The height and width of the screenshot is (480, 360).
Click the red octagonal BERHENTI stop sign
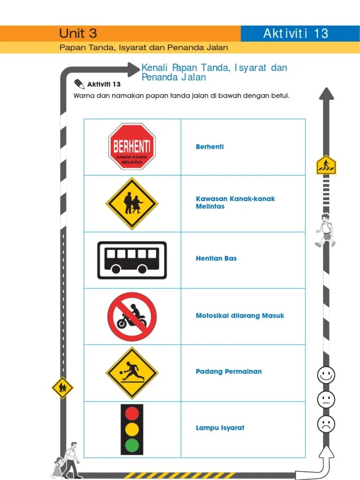coord(132,147)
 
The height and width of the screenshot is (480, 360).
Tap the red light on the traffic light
coord(132,413)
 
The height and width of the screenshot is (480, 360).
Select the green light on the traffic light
coord(132,445)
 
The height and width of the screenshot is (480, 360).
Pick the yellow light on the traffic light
coord(132,429)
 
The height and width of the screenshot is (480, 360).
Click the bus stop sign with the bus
coord(132,260)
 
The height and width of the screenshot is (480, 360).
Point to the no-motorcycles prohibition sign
coord(132,316)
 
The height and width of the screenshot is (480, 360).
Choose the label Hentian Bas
coord(216,258)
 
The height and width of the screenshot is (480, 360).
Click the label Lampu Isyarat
coord(220,428)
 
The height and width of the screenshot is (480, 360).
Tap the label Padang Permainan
coord(229,372)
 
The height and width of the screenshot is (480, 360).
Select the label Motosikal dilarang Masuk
coord(240,315)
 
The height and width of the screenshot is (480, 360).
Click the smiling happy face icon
coord(326,375)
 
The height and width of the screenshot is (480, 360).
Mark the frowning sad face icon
coord(326,424)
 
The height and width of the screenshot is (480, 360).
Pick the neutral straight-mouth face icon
coord(326,400)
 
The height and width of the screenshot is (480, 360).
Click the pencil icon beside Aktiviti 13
coord(79,83)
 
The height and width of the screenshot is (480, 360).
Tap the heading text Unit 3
coord(78,33)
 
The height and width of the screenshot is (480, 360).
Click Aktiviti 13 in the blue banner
coord(295,33)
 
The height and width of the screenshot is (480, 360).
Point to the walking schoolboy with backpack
coord(325,230)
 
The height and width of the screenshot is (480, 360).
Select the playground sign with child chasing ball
coord(132,373)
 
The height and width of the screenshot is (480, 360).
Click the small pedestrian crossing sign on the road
coord(326,165)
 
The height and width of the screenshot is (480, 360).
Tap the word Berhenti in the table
coord(210,147)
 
